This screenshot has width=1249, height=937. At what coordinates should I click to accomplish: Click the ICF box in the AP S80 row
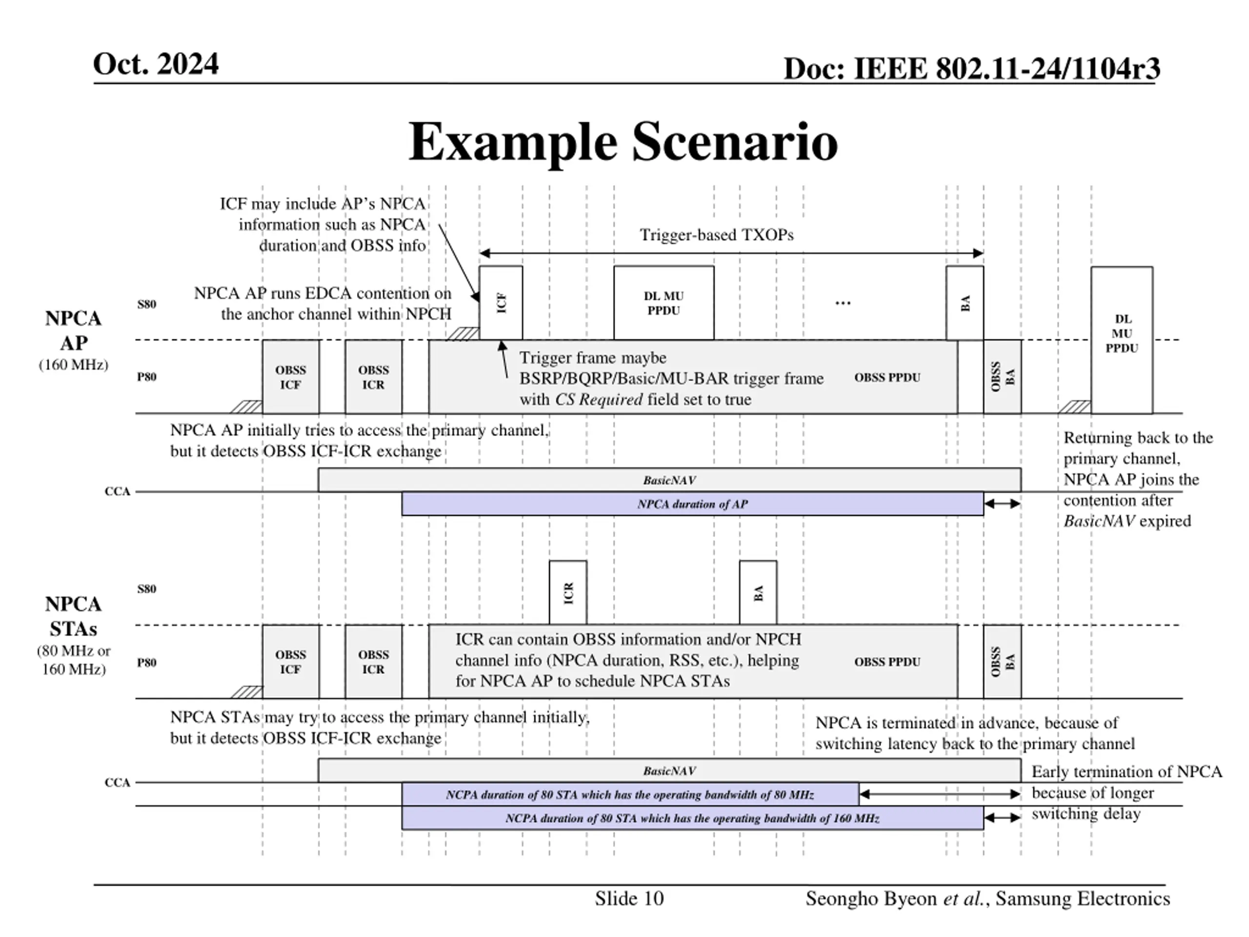[x=500, y=303]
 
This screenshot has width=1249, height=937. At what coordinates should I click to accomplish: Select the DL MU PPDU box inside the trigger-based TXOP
[x=664, y=303]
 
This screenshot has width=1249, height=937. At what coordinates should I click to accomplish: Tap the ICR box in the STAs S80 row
[x=567, y=592]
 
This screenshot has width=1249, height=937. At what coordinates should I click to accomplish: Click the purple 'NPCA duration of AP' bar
[x=692, y=504]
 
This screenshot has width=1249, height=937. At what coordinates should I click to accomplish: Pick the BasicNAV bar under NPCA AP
[x=669, y=480]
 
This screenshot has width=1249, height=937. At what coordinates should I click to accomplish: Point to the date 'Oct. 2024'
[x=156, y=64]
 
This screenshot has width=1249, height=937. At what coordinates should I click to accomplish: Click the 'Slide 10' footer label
[x=629, y=898]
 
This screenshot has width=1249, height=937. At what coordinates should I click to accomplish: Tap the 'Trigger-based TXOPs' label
[x=716, y=235]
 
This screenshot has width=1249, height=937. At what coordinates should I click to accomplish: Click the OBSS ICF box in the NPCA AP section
[x=290, y=377]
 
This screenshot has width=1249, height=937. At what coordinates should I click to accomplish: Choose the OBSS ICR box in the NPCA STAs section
[x=373, y=662]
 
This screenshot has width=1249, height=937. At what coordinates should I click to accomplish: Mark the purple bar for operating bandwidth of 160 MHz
[x=692, y=818]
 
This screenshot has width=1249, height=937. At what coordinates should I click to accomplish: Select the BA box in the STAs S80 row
[x=758, y=592]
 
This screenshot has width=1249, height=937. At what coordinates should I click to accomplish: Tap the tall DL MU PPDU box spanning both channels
[x=1121, y=340]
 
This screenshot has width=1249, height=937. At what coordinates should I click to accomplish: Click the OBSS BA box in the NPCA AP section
[x=1002, y=377]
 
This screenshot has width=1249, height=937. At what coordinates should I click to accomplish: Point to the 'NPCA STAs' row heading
[x=73, y=616]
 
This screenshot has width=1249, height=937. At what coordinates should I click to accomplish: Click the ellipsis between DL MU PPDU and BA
[x=843, y=303]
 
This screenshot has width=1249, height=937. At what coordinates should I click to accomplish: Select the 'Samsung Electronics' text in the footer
[x=1083, y=898]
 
